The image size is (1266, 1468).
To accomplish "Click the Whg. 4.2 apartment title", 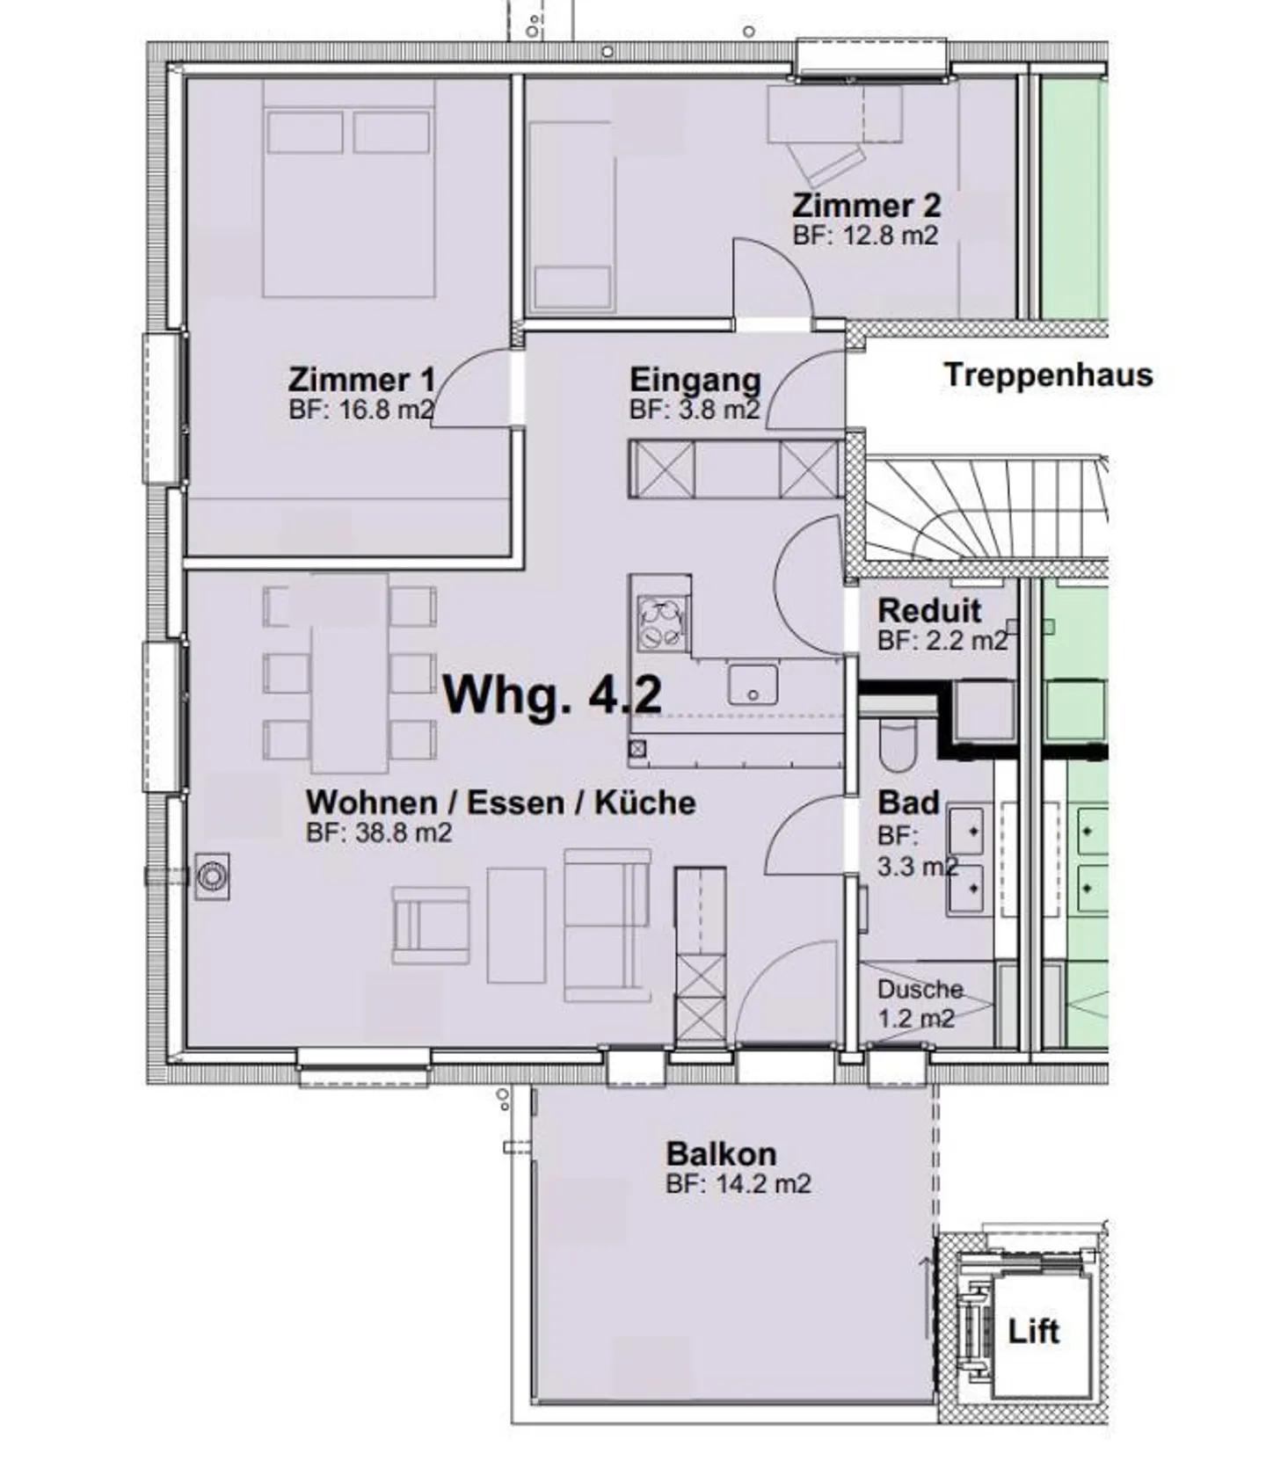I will pos(552,696).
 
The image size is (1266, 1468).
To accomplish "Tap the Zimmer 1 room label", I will pos(361,380).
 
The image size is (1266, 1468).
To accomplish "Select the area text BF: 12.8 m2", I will pos(865,236).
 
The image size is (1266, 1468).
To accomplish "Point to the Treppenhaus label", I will pos(1048,375).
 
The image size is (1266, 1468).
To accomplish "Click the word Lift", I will pos(1033,1331).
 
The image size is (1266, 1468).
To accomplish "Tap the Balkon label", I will pos(721,1153).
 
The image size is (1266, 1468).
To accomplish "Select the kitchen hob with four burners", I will pos(662,622).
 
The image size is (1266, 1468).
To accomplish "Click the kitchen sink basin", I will pos(753,685).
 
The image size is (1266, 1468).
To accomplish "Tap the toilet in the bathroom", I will pos(898,744).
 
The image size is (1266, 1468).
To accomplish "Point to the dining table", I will pos(350,672).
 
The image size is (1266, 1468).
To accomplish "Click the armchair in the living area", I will pos(431,925).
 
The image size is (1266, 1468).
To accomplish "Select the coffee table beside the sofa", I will pos(516,925).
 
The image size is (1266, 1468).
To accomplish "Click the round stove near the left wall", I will pos(212,876).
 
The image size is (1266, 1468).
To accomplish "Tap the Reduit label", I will pos(929,610).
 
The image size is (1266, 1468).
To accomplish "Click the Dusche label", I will pos(920,990).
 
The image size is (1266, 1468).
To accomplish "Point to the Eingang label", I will pos(695,380).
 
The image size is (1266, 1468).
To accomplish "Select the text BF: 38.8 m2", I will pos(379,832).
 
